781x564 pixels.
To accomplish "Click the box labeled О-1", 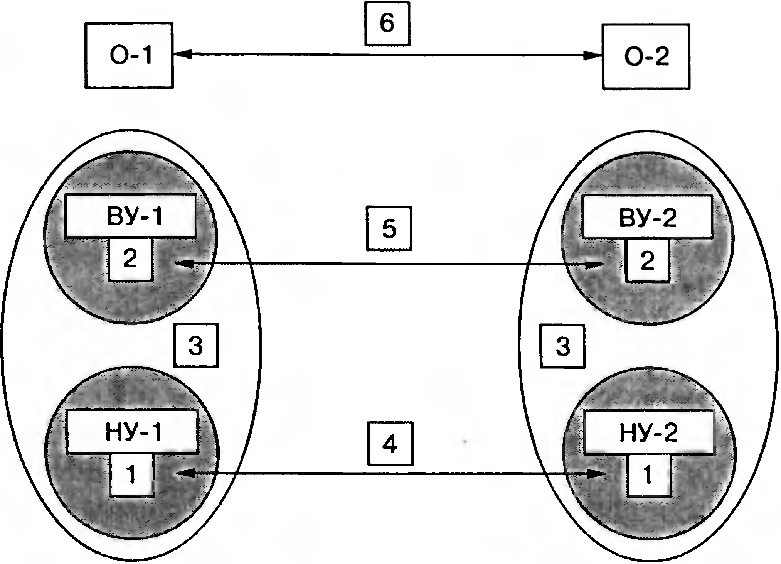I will pos(129,56).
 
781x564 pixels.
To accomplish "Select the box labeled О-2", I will pos(646,57).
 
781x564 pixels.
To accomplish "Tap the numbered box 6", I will pos(387,23).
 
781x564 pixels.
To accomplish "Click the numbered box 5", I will pos(389,228).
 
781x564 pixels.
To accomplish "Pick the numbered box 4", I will pos(390,444).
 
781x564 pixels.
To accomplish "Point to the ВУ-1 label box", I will pos(131,216).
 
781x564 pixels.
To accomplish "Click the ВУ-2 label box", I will pos(647,217).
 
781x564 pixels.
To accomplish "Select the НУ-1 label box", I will pos(132,431).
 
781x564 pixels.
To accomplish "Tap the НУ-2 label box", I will pos(648,432).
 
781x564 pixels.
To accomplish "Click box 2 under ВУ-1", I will pos(130,259).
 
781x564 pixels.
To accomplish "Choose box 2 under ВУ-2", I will pos(648,261).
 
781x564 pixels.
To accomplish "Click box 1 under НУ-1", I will pos(132,475).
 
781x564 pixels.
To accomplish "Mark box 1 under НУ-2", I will pos(649,475).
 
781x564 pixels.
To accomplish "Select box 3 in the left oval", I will pos(196,345).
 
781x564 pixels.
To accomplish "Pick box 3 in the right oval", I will pos(562,346).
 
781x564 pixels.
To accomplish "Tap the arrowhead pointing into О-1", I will pos(183,55).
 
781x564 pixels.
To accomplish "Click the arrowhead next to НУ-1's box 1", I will pos(184,473).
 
